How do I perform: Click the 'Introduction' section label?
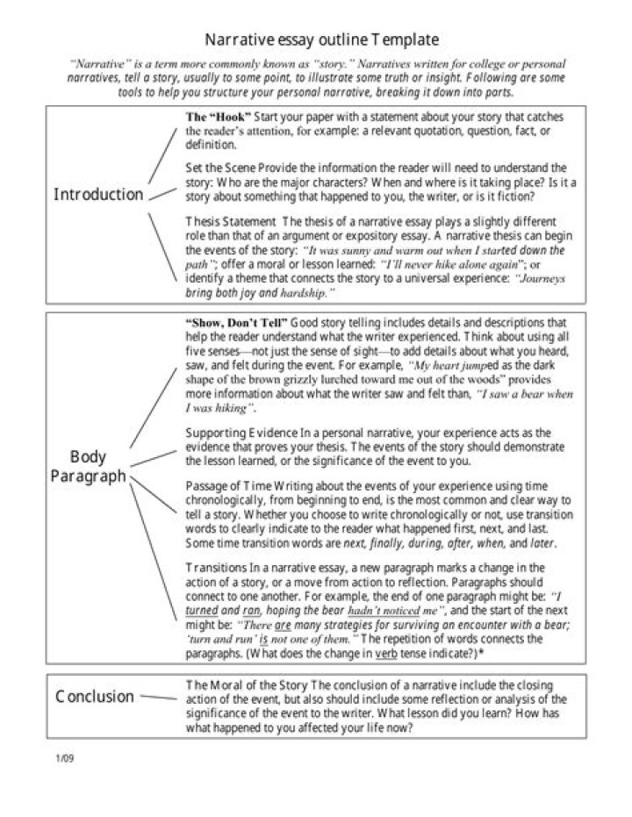point(98,195)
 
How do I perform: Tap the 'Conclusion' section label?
point(95,697)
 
